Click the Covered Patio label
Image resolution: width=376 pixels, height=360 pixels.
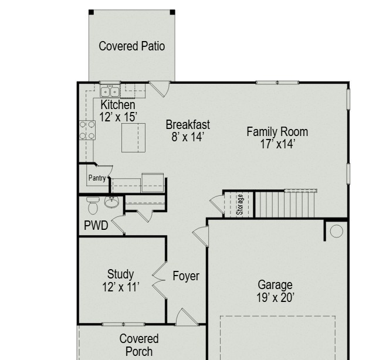[x=131, y=46]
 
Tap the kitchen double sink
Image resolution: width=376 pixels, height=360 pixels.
[x=110, y=91]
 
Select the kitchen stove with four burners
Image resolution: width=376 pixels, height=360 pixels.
[x=87, y=130]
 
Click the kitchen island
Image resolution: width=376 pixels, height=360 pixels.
[x=133, y=138]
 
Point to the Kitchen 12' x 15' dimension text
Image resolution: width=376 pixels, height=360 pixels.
[x=118, y=117]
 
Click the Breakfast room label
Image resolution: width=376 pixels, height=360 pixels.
[x=188, y=125]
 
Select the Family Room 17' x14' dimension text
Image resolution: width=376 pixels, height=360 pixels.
[x=277, y=144]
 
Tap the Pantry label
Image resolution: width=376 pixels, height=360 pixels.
[x=97, y=178]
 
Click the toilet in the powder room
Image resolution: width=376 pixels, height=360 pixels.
[x=93, y=205]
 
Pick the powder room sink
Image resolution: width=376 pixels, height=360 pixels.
[x=111, y=202]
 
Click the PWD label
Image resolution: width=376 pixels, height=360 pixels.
[x=96, y=225]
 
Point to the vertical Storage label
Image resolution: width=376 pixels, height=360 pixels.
[x=240, y=205]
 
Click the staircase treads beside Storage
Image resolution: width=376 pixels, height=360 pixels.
[x=284, y=204]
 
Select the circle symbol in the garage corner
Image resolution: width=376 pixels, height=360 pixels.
[x=337, y=231]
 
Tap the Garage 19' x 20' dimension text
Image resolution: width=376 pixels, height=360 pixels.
[x=275, y=297]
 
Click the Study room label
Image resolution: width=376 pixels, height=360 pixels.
[x=120, y=274]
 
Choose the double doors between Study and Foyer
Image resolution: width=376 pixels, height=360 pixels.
[x=159, y=280]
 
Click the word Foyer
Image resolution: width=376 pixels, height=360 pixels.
[x=186, y=276]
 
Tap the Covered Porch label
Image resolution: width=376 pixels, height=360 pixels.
[x=139, y=345]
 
